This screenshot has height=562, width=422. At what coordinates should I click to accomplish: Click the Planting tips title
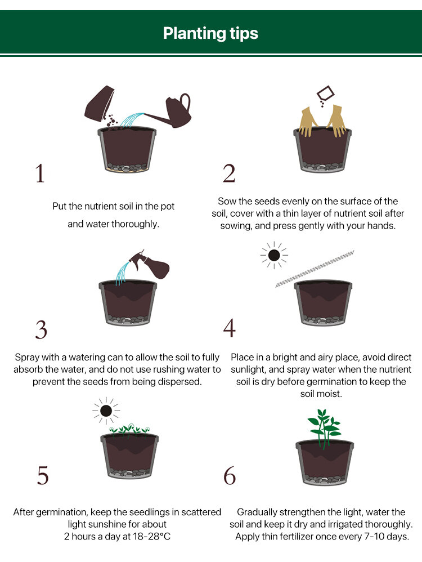tap(210, 33)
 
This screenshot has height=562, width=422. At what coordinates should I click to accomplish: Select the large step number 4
tap(229, 328)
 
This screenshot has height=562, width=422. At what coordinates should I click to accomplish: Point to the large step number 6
tap(230, 475)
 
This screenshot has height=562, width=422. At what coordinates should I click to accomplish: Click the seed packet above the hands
tap(325, 94)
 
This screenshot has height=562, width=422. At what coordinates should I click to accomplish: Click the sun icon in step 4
tap(274, 255)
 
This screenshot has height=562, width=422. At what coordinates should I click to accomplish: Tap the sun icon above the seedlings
tap(106, 411)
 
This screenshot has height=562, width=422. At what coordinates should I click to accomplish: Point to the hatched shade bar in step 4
tap(315, 269)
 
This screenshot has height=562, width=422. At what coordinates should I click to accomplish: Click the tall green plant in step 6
tap(324, 429)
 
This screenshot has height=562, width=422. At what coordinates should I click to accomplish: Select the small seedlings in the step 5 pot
tap(129, 430)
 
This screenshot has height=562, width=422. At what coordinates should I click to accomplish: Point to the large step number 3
tap(41, 330)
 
